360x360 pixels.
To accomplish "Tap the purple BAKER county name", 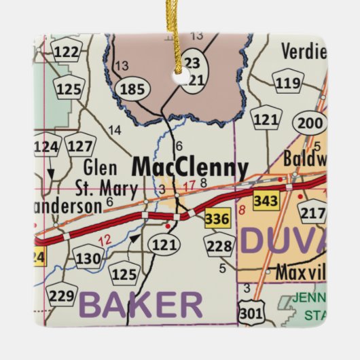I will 141,305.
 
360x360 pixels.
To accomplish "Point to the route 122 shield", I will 67,51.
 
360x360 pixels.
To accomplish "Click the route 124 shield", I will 47,146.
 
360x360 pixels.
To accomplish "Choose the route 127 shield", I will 81,146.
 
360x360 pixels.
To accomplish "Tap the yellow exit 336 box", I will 217,219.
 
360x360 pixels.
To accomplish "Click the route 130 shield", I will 88,258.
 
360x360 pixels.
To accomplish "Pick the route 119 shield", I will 289,84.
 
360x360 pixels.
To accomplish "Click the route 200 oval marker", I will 310,123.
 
